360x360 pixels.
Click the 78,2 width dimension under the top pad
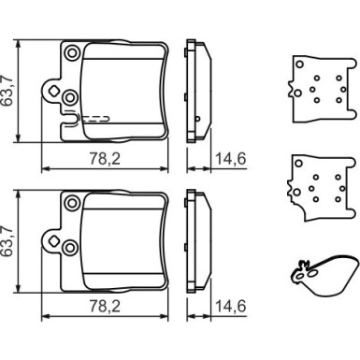point(105,159)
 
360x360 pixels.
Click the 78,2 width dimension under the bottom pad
point(105,307)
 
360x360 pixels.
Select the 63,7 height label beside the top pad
point(7,91)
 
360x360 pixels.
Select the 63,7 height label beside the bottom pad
point(7,241)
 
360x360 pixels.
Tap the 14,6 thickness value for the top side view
point(231,159)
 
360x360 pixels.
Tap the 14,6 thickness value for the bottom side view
point(231,307)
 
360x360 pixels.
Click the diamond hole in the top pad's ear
point(53,91)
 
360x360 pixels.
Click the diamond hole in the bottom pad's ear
point(53,240)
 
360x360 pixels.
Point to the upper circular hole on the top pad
point(72,53)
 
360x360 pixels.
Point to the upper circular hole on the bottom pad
point(72,203)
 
